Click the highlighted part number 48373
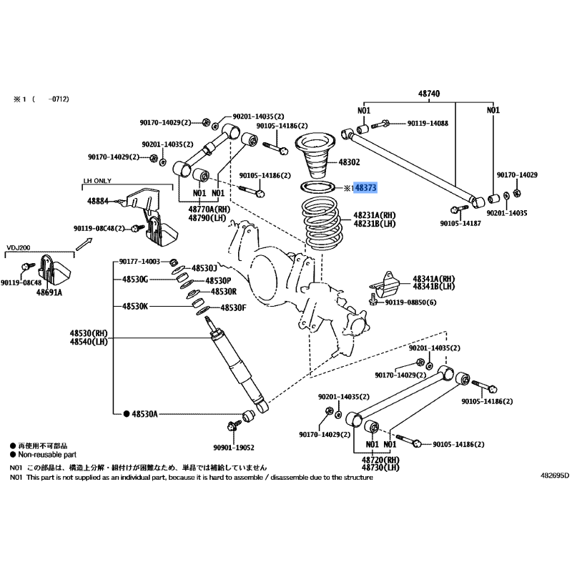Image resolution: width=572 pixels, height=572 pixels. click(365, 188)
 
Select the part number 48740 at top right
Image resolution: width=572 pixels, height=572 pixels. click(429, 94)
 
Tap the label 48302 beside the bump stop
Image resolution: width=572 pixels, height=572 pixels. click(349, 162)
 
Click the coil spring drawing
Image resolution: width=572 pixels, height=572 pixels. click(322, 224)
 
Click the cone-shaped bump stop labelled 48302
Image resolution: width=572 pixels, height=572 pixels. click(315, 157)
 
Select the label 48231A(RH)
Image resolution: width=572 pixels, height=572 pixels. click(375, 215)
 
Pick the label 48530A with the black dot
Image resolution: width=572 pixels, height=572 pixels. click(141, 414)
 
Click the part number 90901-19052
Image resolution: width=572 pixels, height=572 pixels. click(234, 448)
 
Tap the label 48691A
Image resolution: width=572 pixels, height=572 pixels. click(49, 292)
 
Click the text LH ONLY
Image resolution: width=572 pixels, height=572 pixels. click(97, 181)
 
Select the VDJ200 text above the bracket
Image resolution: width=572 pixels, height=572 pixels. click(19, 247)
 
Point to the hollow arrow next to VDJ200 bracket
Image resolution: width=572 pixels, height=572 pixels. click(84, 244)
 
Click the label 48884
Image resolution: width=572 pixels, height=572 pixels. click(98, 201)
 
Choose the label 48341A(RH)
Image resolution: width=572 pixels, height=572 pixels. click(434, 279)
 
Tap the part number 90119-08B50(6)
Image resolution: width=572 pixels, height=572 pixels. click(410, 302)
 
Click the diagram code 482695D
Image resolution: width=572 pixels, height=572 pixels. click(555, 475)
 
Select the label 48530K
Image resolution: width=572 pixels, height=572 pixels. click(135, 307)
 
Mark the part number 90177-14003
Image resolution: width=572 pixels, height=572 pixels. click(139, 262)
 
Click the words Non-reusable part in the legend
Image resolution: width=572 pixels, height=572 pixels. click(47, 455)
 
